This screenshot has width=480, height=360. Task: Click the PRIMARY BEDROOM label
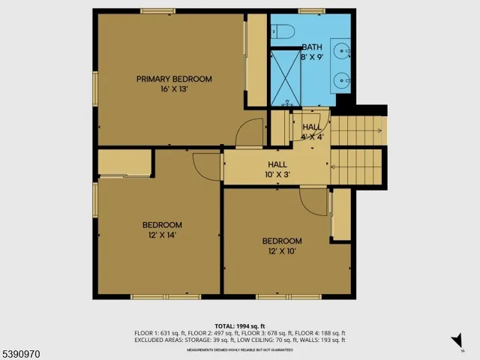pos(173,79)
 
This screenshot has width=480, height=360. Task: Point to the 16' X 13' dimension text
pos(173,89)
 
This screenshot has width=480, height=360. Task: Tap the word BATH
pos(312,46)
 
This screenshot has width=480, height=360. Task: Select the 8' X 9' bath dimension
pos(312,56)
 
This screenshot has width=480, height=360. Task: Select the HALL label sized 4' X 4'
pos(312,127)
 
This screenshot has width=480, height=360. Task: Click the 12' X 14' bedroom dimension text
pos(162,235)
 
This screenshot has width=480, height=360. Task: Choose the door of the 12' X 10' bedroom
pos(312,199)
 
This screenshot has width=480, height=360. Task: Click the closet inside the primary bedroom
pos(257,60)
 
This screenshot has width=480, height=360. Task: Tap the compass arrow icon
pos(457,342)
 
